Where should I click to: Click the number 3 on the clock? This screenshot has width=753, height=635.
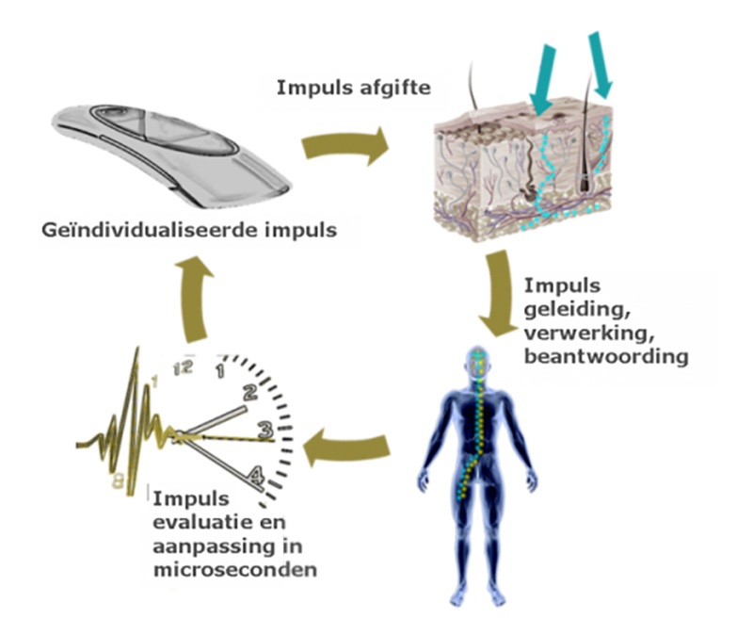tap(266, 430)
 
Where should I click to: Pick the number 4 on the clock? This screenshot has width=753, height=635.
tap(254, 472)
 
